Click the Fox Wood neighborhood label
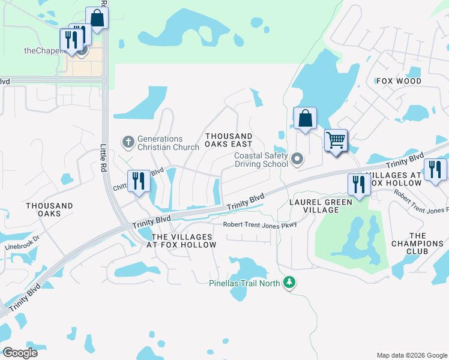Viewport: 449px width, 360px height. (x=399, y=81)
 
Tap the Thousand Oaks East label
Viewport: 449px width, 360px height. (x=229, y=140)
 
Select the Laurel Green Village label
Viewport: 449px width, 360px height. (x=322, y=206)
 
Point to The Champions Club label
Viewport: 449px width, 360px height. (x=417, y=240)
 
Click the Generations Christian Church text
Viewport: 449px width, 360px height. (x=168, y=143)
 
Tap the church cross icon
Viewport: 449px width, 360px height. (x=127, y=142)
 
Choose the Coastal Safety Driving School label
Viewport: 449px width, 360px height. (x=261, y=160)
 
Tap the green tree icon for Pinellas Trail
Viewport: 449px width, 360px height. (x=289, y=281)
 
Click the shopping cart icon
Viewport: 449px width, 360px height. (x=336, y=141)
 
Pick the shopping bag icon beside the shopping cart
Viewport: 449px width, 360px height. (x=305, y=118)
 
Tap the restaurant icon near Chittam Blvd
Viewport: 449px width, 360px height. (x=139, y=181)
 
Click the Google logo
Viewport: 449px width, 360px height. (x=19, y=352)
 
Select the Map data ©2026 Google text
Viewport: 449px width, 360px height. (x=411, y=355)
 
